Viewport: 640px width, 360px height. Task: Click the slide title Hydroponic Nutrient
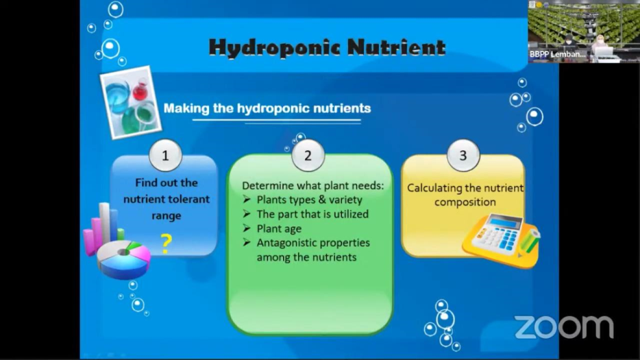(x=327, y=48)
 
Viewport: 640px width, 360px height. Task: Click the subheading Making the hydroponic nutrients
(x=267, y=108)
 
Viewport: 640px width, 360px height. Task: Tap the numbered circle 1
(x=165, y=155)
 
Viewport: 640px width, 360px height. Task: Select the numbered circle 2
(x=308, y=155)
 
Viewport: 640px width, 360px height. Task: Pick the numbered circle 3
(x=463, y=155)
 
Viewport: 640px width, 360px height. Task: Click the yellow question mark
(x=166, y=244)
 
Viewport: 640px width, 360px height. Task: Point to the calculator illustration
(x=501, y=240)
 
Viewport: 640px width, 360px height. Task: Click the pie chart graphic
(x=123, y=259)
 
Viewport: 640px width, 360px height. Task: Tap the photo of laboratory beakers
(x=131, y=102)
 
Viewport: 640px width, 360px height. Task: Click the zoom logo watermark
(x=564, y=327)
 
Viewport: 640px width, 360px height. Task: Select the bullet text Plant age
(x=279, y=228)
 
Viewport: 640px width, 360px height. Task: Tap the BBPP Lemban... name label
(x=558, y=54)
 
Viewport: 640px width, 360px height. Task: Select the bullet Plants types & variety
(x=310, y=200)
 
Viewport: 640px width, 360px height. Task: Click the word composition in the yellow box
(x=465, y=202)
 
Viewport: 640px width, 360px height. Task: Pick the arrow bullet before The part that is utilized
(x=247, y=214)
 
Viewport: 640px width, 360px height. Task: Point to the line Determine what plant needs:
(x=312, y=186)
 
